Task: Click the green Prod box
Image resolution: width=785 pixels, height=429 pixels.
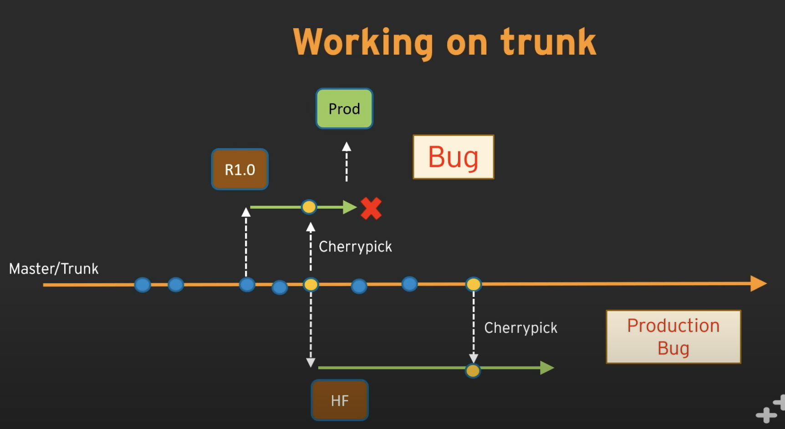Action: (x=344, y=109)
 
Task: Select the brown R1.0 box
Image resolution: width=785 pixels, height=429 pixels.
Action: (x=240, y=169)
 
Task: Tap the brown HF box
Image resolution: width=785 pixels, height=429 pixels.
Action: (x=340, y=400)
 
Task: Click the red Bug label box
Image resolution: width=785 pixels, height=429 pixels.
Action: (x=453, y=157)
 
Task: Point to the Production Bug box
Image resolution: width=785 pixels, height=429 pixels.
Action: (x=673, y=337)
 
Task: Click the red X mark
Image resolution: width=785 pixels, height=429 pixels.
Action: (x=371, y=209)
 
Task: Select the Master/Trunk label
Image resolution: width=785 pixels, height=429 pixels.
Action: (x=54, y=269)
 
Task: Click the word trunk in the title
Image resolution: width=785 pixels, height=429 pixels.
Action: (x=548, y=42)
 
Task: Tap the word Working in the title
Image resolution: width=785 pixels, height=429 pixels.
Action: (x=363, y=43)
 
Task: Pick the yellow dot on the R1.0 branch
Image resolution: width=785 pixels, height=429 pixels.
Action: (x=309, y=207)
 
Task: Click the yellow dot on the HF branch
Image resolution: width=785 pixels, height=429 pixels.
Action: (x=473, y=371)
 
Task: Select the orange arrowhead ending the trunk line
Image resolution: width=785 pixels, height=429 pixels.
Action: (x=758, y=283)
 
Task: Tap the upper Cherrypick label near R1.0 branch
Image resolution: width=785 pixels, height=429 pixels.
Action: (x=355, y=247)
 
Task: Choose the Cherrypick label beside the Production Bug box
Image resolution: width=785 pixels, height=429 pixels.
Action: (x=520, y=328)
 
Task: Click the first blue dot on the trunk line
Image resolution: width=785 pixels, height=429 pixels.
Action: (x=143, y=285)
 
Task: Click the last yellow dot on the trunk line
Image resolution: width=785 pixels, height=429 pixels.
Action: (x=474, y=284)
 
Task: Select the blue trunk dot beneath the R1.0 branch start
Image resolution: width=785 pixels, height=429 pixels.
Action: (x=247, y=285)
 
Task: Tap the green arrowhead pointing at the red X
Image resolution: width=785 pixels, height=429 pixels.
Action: (x=350, y=207)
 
